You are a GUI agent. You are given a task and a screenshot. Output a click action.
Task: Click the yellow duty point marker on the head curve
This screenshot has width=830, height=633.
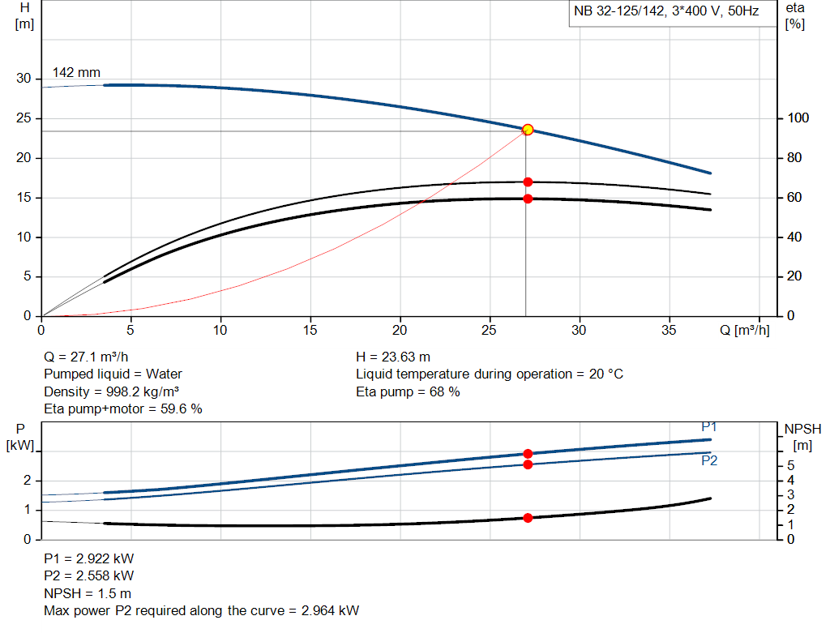pos(528,130)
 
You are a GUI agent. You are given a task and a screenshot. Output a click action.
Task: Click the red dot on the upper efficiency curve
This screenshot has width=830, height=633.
pos(528,182)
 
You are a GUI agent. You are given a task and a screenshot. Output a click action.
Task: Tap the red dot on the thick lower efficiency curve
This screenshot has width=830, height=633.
pos(528,199)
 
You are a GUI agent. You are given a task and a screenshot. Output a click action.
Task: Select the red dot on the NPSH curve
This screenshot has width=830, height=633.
pos(528,518)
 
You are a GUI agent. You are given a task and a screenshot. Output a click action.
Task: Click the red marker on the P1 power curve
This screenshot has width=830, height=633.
pos(528,454)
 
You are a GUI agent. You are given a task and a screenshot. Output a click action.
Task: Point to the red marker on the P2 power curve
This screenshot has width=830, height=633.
pos(528,464)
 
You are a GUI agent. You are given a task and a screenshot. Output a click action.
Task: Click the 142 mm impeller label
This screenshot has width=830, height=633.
pos(76,73)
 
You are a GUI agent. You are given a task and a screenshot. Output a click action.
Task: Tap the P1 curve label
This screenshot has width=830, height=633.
pos(709,427)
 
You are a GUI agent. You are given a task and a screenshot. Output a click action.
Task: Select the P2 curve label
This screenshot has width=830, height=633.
pos(709,460)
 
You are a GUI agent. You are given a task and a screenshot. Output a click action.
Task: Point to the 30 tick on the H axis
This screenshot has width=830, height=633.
pos(24,79)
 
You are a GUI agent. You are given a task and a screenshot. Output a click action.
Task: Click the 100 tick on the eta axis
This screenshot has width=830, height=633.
pos(794,118)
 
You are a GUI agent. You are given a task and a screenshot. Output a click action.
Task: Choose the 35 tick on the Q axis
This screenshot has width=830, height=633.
pos(670,330)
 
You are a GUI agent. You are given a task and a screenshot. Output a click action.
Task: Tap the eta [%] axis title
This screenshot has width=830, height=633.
pos(795,15)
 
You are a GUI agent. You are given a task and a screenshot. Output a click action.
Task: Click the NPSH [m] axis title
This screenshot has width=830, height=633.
pos(802,436)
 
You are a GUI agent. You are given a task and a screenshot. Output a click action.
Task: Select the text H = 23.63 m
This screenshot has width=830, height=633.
pos(393,357)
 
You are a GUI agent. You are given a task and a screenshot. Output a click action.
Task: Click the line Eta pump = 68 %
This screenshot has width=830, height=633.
pos(408,392)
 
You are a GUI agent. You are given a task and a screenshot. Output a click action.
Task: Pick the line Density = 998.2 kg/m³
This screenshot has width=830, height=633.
pos(111,392)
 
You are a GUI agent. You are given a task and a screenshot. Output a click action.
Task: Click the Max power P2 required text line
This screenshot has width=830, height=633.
pos(201,610)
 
